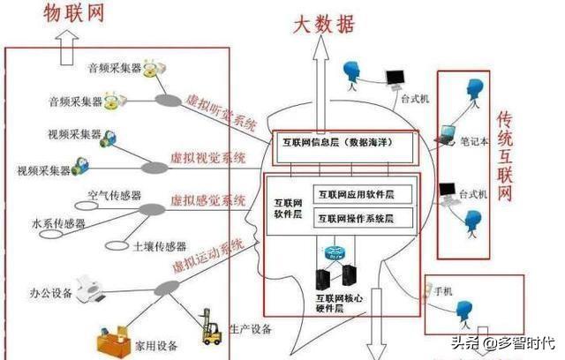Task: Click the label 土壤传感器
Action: tap(160, 246)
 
